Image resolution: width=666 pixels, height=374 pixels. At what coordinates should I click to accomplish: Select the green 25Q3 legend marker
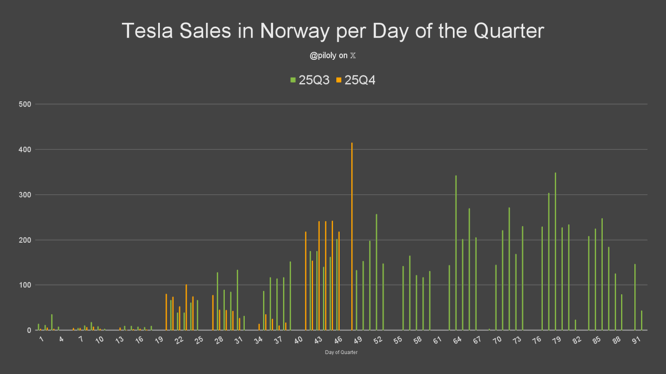click(293, 80)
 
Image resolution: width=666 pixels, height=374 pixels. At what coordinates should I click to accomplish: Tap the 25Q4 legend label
click(360, 80)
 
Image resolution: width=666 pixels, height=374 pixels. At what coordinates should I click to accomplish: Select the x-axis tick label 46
click(338, 340)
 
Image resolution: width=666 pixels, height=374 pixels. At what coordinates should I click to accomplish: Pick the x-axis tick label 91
click(638, 340)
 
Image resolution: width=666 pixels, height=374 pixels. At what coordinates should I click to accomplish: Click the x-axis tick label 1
click(41, 339)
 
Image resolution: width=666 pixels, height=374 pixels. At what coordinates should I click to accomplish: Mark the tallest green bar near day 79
click(555, 252)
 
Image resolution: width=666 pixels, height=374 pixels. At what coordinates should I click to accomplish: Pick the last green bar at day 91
click(641, 321)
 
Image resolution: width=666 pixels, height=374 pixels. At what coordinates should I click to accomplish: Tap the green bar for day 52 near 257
click(376, 272)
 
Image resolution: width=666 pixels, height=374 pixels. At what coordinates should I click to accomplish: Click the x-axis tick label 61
click(437, 340)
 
